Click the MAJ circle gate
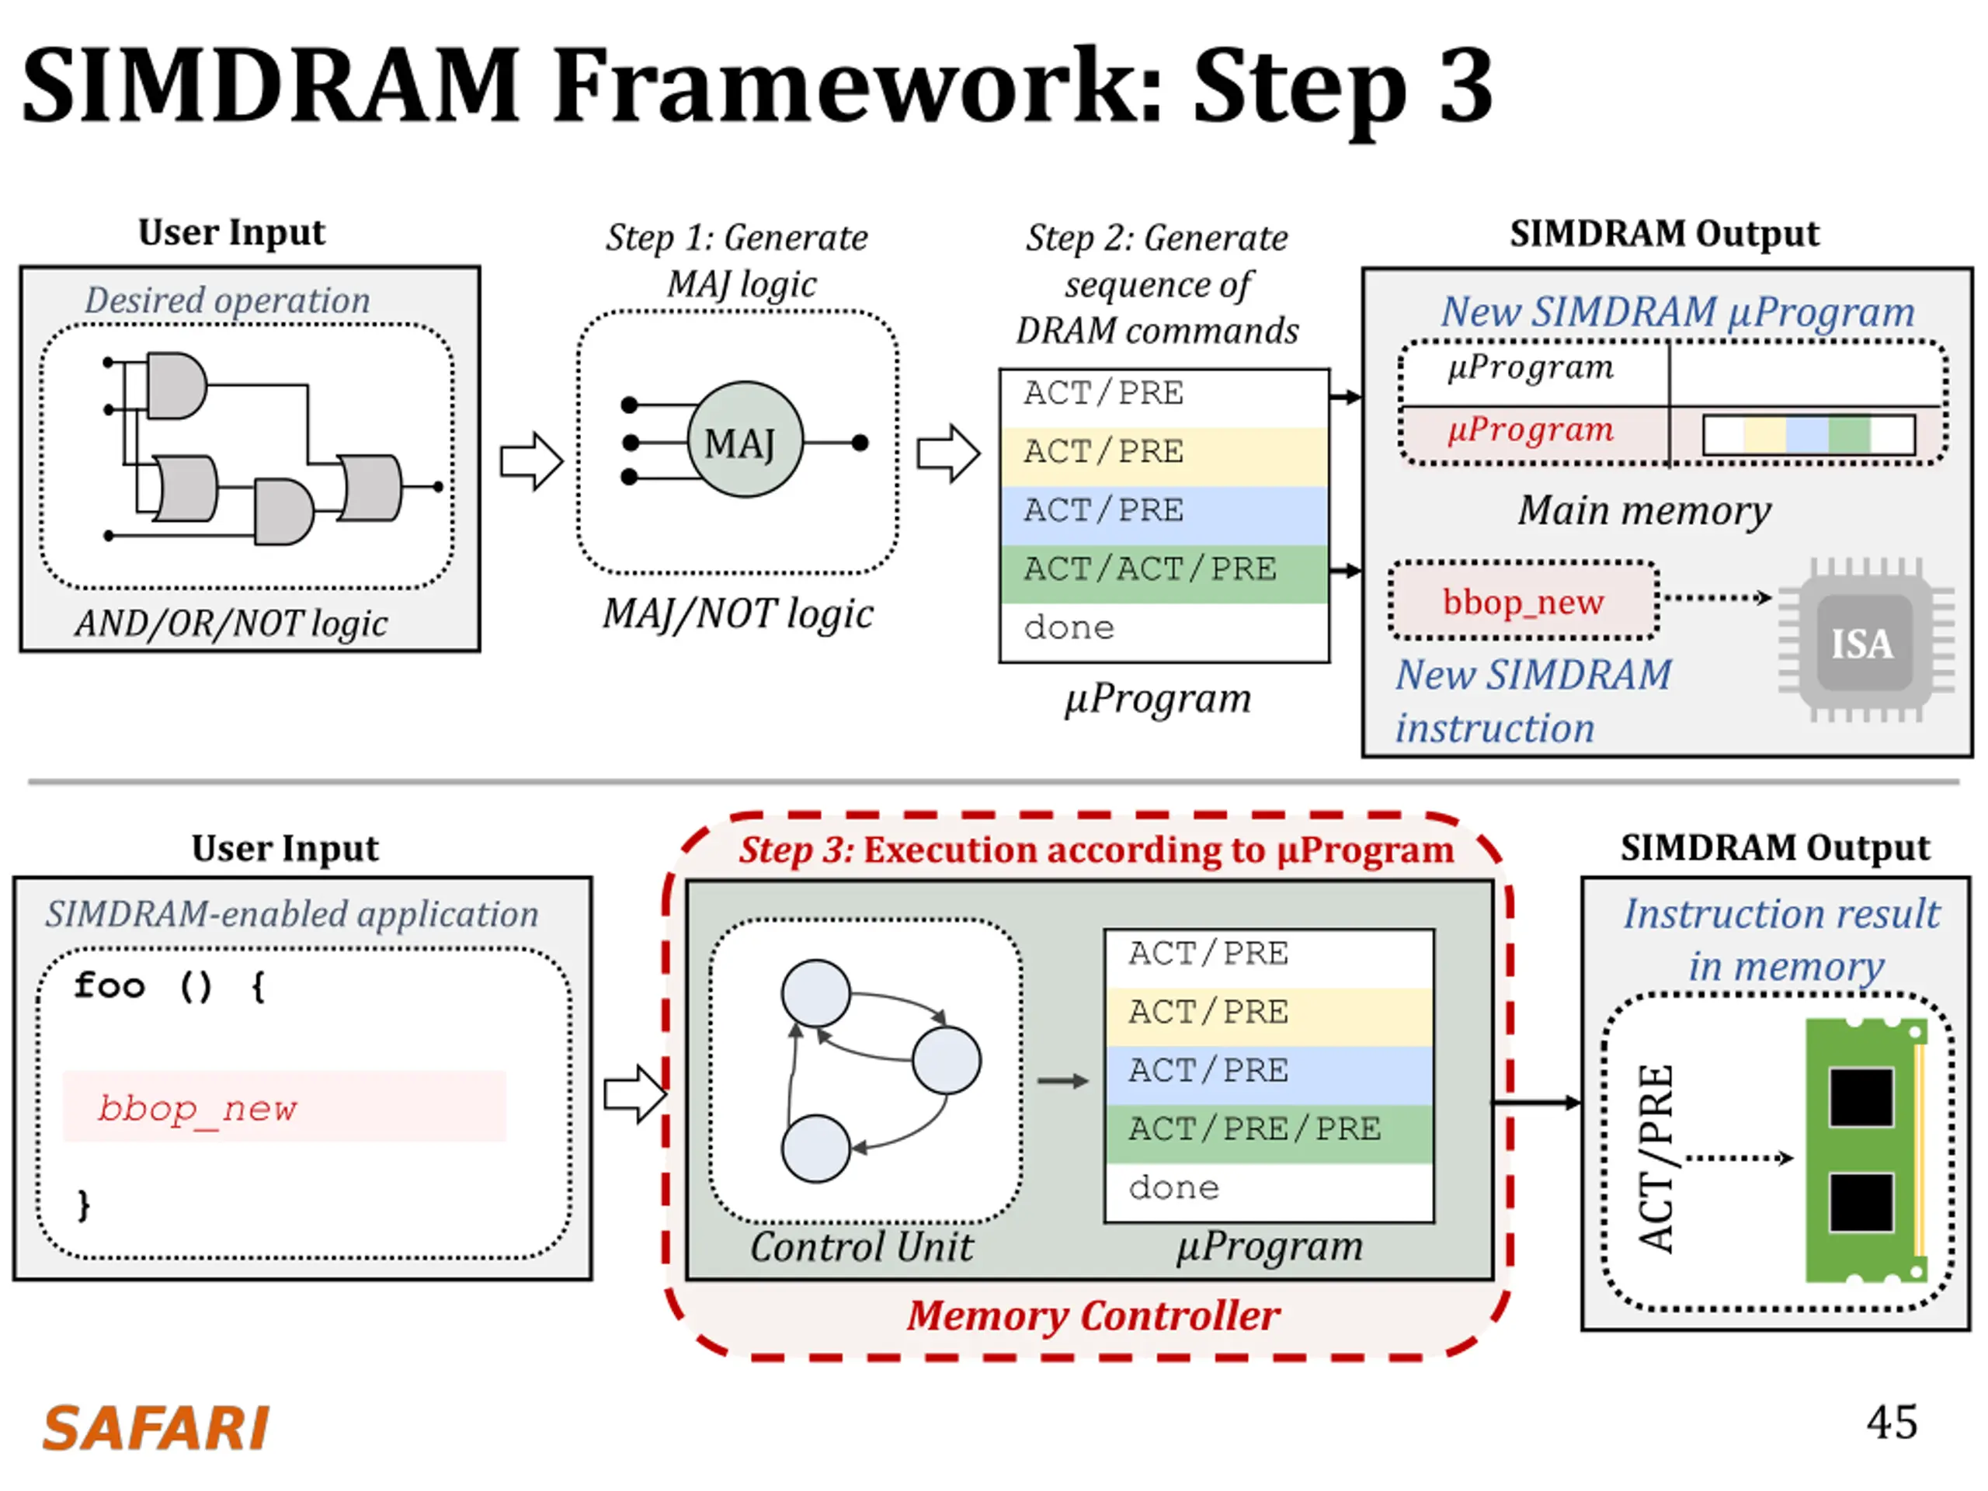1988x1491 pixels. coord(745,440)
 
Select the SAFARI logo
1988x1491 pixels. coord(155,1427)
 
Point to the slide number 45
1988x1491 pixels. coord(1891,1422)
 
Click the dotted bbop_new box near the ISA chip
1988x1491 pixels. coord(1524,600)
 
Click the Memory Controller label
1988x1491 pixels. coord(1092,1315)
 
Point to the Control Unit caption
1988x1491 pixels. coord(861,1246)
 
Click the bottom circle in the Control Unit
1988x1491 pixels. coord(815,1149)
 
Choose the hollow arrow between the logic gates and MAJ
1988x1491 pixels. coord(531,461)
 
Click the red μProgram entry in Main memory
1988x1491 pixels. coord(1531,429)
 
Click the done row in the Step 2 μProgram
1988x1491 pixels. coord(1164,631)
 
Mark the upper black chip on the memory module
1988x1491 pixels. coord(1861,1097)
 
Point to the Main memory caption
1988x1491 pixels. coord(1644,510)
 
